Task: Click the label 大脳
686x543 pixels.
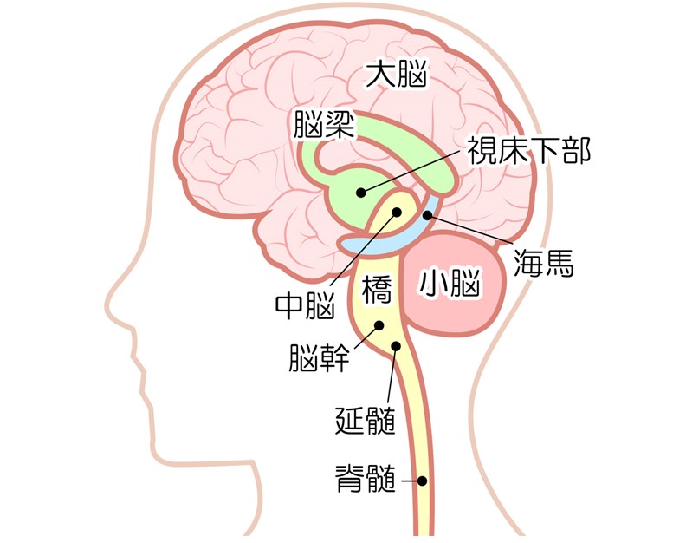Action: (x=396, y=75)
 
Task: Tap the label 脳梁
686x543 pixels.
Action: (x=324, y=124)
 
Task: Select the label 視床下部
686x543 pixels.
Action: (x=529, y=150)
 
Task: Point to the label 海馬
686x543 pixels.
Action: (x=543, y=263)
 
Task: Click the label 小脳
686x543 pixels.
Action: (x=450, y=283)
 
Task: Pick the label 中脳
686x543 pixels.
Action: (x=306, y=305)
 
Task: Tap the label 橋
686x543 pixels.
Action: (x=376, y=289)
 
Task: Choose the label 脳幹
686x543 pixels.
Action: (x=319, y=357)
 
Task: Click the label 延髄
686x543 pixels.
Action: (x=366, y=421)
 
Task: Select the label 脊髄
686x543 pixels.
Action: (x=366, y=479)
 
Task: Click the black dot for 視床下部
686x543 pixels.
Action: (x=361, y=192)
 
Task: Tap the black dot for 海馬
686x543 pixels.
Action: (x=427, y=215)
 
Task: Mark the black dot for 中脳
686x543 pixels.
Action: (x=397, y=213)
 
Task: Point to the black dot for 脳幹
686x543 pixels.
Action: (x=379, y=325)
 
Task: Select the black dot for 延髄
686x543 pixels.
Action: (x=396, y=346)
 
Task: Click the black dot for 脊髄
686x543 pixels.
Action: (x=422, y=481)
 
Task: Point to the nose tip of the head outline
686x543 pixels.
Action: (x=107, y=304)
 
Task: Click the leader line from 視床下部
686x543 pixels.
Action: (x=411, y=170)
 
